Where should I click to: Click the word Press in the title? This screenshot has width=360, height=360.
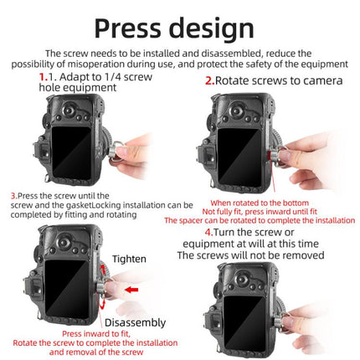point(128,28)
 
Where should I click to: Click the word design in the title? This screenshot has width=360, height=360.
point(212,29)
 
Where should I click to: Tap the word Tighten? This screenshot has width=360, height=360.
point(129,260)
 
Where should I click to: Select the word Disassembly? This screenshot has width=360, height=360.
point(135,323)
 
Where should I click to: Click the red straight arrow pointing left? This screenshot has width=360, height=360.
point(131,290)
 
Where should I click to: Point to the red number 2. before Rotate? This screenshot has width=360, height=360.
point(210,80)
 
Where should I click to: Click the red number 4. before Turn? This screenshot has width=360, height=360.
point(209,232)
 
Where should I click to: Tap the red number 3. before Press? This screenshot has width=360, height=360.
point(14,196)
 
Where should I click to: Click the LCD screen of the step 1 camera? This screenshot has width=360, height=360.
point(71,153)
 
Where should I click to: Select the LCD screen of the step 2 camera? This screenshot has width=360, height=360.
point(239,157)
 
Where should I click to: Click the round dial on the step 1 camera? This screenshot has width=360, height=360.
point(69,110)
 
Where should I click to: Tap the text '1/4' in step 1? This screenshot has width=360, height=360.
point(113,76)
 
